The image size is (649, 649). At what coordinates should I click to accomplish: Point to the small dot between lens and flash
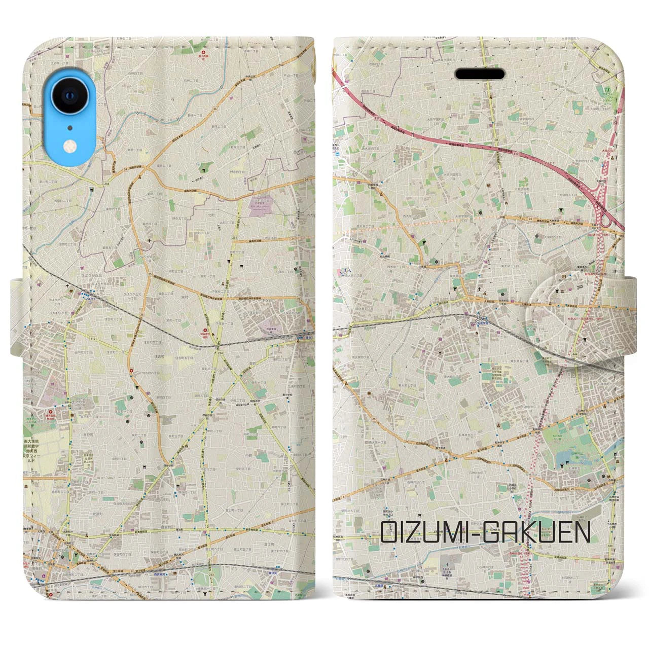(x=70, y=127)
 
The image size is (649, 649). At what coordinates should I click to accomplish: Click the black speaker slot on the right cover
(x=480, y=75)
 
